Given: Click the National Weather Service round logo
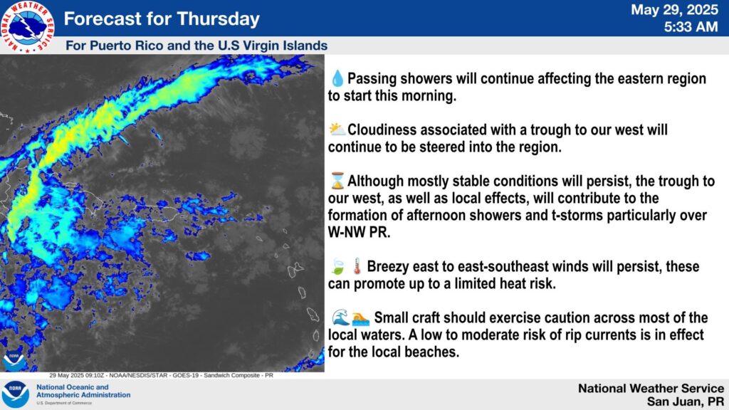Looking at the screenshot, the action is pyautogui.click(x=28, y=26).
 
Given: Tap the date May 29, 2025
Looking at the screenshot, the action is pyautogui.click(x=674, y=10).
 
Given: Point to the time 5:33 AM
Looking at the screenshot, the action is pyautogui.click(x=691, y=27).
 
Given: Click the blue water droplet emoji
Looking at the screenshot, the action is pyautogui.click(x=337, y=78).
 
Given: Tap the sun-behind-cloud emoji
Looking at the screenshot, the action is pyautogui.click(x=337, y=130).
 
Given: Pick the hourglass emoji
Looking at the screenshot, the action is pyautogui.click(x=337, y=180).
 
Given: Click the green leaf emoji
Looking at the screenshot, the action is pyautogui.click(x=337, y=266).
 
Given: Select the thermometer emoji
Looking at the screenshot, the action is pyautogui.click(x=357, y=266).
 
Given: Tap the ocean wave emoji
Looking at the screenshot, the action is pyautogui.click(x=340, y=317).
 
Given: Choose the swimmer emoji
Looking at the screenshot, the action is pyautogui.click(x=360, y=318).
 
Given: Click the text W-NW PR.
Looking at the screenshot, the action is pyautogui.click(x=359, y=232).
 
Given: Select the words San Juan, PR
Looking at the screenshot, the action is pyautogui.click(x=686, y=401).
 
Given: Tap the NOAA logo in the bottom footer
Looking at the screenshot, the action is pyautogui.click(x=15, y=394).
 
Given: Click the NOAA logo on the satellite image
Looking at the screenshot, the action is pyautogui.click(x=14, y=361).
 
